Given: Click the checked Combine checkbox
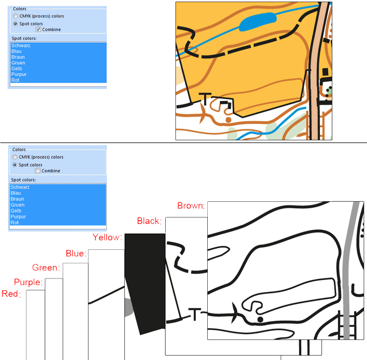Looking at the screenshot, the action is tap(38, 29).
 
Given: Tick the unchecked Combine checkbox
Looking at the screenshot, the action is tap(37, 171).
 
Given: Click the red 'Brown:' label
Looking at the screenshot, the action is tap(191, 206).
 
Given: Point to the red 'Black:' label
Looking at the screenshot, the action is tap(149, 221).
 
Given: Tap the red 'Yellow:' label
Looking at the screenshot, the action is tap(107, 237).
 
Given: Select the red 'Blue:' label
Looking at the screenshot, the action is tap(76, 253).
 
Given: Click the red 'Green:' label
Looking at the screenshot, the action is tap(46, 267).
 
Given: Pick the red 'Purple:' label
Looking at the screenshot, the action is tap(28, 282).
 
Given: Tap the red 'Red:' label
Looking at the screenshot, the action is tap(11, 294).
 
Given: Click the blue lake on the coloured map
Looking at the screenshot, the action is tap(257, 22).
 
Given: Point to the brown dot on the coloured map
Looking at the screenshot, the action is tap(228, 120).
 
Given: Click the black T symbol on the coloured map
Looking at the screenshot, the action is tap(205, 99).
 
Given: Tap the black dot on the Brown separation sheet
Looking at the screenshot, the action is tap(260, 319).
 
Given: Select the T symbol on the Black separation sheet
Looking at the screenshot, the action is tap(195, 314).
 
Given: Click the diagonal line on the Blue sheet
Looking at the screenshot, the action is tap(106, 295).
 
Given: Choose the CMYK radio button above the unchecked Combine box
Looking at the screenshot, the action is tap(15, 157).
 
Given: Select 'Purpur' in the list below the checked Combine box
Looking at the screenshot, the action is tap(19, 74).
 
